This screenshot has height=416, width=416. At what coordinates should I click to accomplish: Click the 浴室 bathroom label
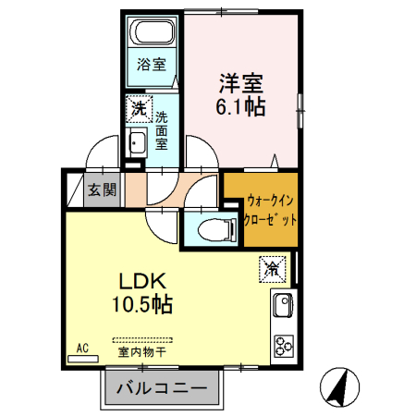point(153,65)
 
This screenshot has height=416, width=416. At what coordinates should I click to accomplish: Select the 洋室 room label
point(242,80)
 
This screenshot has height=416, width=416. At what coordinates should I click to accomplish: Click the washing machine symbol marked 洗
point(138,108)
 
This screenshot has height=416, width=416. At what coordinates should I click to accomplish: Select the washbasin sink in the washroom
point(138,144)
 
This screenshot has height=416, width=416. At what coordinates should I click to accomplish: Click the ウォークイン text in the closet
point(270,201)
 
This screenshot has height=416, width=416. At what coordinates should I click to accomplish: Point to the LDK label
point(139,280)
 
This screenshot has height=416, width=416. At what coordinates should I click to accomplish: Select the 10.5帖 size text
point(143,302)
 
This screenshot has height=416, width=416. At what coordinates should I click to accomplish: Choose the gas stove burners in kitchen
point(282,346)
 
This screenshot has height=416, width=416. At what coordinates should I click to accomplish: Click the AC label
point(82,348)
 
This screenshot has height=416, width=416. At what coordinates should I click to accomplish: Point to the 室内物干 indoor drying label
point(141,352)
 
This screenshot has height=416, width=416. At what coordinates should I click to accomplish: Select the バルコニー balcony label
point(162,388)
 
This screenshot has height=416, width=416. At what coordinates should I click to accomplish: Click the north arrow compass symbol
point(340,387)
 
